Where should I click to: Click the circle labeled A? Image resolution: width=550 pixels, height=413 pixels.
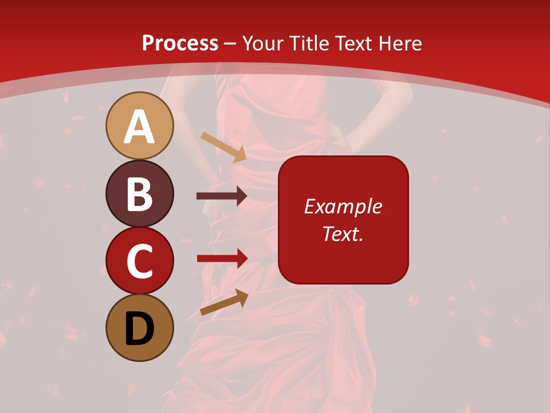(x=139, y=126)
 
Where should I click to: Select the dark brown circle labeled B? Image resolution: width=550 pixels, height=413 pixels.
(x=139, y=193)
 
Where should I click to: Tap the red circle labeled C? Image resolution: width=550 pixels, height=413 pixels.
(x=139, y=261)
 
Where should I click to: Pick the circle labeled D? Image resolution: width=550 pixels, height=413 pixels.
(x=139, y=328)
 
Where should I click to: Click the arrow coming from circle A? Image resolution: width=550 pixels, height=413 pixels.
(x=223, y=147)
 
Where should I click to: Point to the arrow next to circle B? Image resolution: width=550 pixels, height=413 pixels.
(x=222, y=196)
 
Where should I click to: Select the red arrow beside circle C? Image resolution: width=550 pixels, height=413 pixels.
(x=222, y=258)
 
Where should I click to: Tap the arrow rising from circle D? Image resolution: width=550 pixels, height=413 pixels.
(x=224, y=302)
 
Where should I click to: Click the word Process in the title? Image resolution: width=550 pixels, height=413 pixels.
(x=180, y=44)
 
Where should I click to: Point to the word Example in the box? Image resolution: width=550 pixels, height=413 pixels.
(x=343, y=206)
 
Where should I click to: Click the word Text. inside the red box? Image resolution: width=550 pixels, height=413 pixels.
(x=343, y=233)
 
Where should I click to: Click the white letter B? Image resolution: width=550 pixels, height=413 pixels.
(x=139, y=194)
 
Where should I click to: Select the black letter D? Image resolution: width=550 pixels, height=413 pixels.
(x=140, y=329)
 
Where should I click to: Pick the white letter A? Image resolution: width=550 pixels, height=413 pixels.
(x=139, y=127)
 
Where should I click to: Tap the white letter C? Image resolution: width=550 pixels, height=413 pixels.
(x=139, y=262)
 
